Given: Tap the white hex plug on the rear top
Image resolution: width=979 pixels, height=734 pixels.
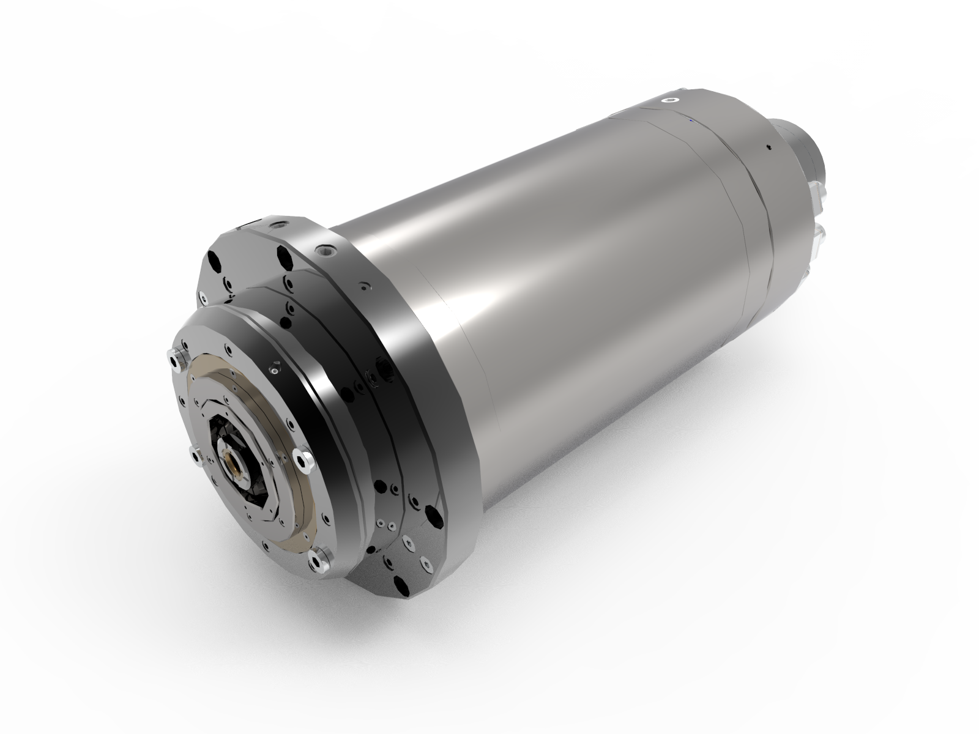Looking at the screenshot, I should [672, 100].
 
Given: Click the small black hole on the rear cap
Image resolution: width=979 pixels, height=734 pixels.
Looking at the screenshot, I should [766, 147].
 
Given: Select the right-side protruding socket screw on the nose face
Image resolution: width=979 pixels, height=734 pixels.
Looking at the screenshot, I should [302, 458].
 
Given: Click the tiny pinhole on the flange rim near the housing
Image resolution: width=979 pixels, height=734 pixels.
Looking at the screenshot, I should [365, 285].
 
